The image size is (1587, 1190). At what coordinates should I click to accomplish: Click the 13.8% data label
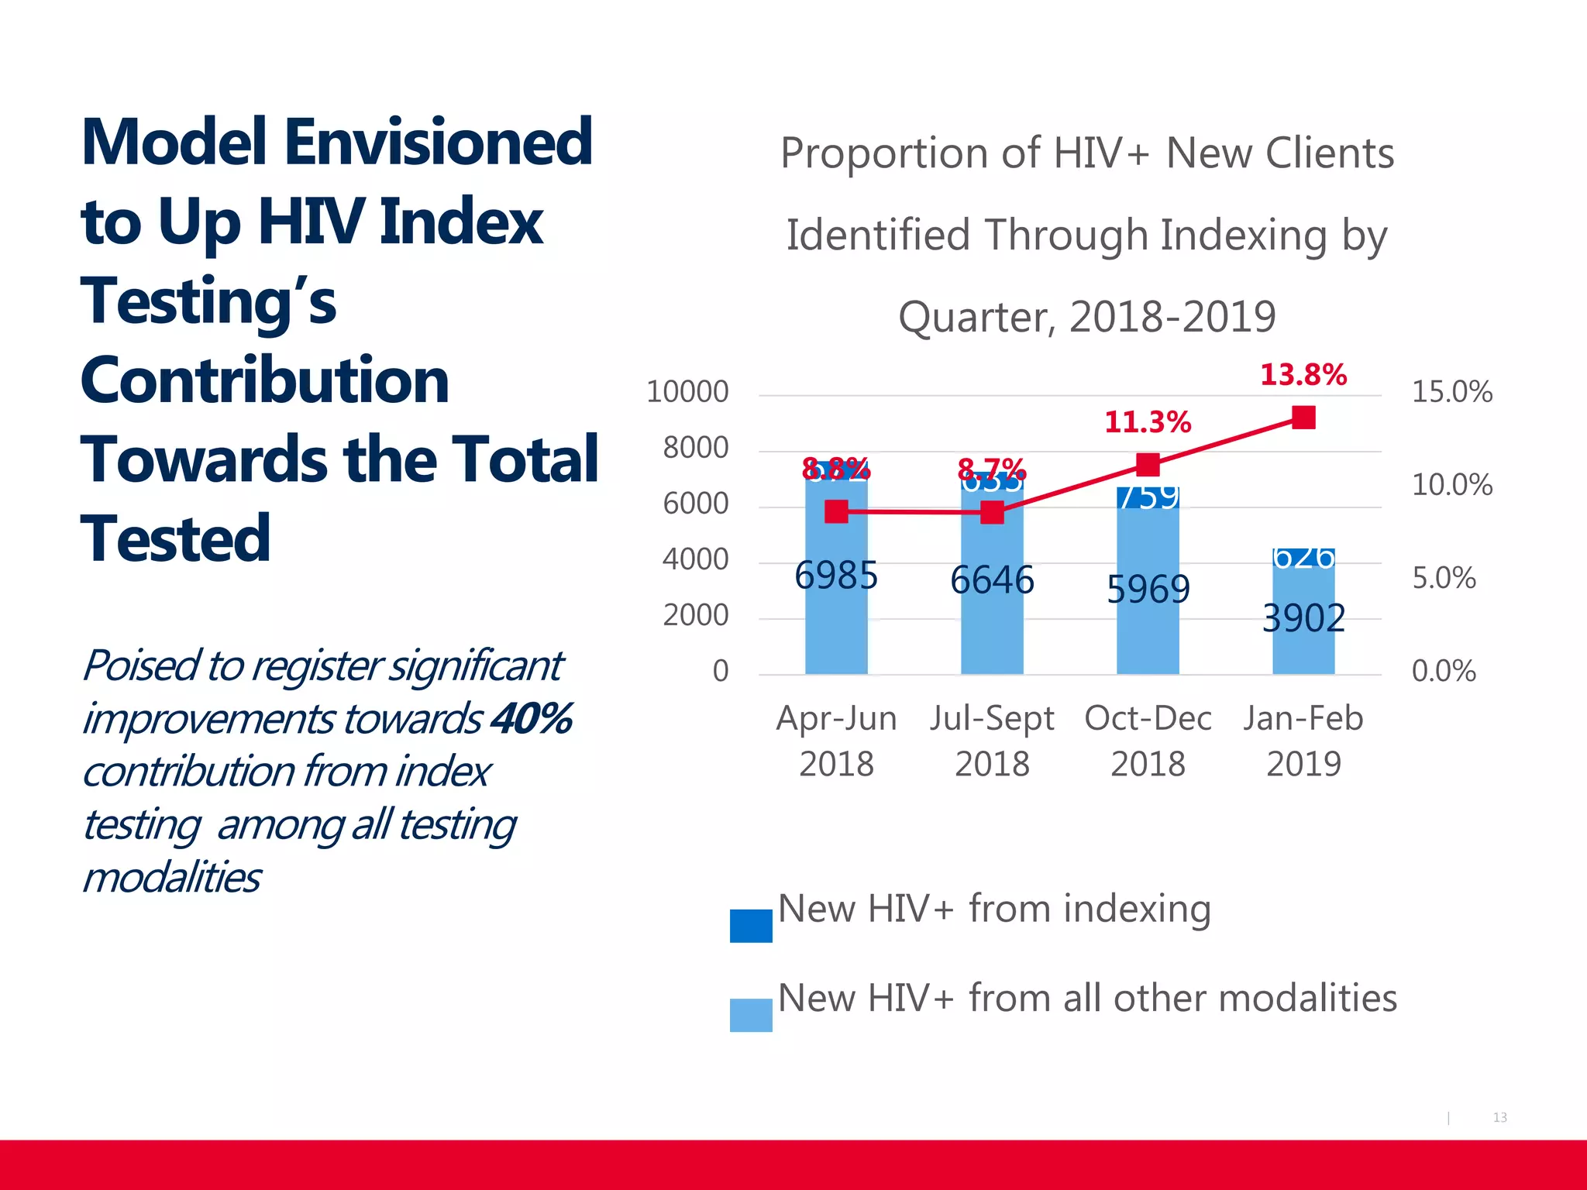point(1303,376)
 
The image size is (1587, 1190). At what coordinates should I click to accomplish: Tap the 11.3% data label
point(1147,423)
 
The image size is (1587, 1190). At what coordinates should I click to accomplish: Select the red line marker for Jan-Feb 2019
point(1303,418)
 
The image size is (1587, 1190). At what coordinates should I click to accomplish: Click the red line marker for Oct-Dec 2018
point(1148,465)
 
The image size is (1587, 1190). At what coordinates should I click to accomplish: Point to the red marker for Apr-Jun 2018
point(836,511)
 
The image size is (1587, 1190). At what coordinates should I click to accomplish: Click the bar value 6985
point(836,576)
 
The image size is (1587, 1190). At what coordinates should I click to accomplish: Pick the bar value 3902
point(1303,619)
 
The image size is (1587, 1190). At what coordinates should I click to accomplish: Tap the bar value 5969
point(1148,590)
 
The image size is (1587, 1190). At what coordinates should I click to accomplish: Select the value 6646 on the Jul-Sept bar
point(992,581)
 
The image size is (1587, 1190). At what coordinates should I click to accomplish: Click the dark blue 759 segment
point(1148,497)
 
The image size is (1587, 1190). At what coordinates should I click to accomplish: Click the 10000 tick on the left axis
point(687,392)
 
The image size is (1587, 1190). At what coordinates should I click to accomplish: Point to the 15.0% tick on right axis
point(1451,392)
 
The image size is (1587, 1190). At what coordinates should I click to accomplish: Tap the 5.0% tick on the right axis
point(1443,579)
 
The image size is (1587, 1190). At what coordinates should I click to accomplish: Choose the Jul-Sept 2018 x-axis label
point(992,741)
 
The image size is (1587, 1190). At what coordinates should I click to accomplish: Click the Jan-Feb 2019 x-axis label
point(1303,741)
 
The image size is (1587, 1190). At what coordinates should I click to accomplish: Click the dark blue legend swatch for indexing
point(750,926)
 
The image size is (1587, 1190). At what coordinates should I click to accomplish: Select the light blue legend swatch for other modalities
point(750,1015)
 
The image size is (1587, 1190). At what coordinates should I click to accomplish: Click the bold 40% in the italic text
point(532,719)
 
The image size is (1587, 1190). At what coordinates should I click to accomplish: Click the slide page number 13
point(1499,1117)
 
